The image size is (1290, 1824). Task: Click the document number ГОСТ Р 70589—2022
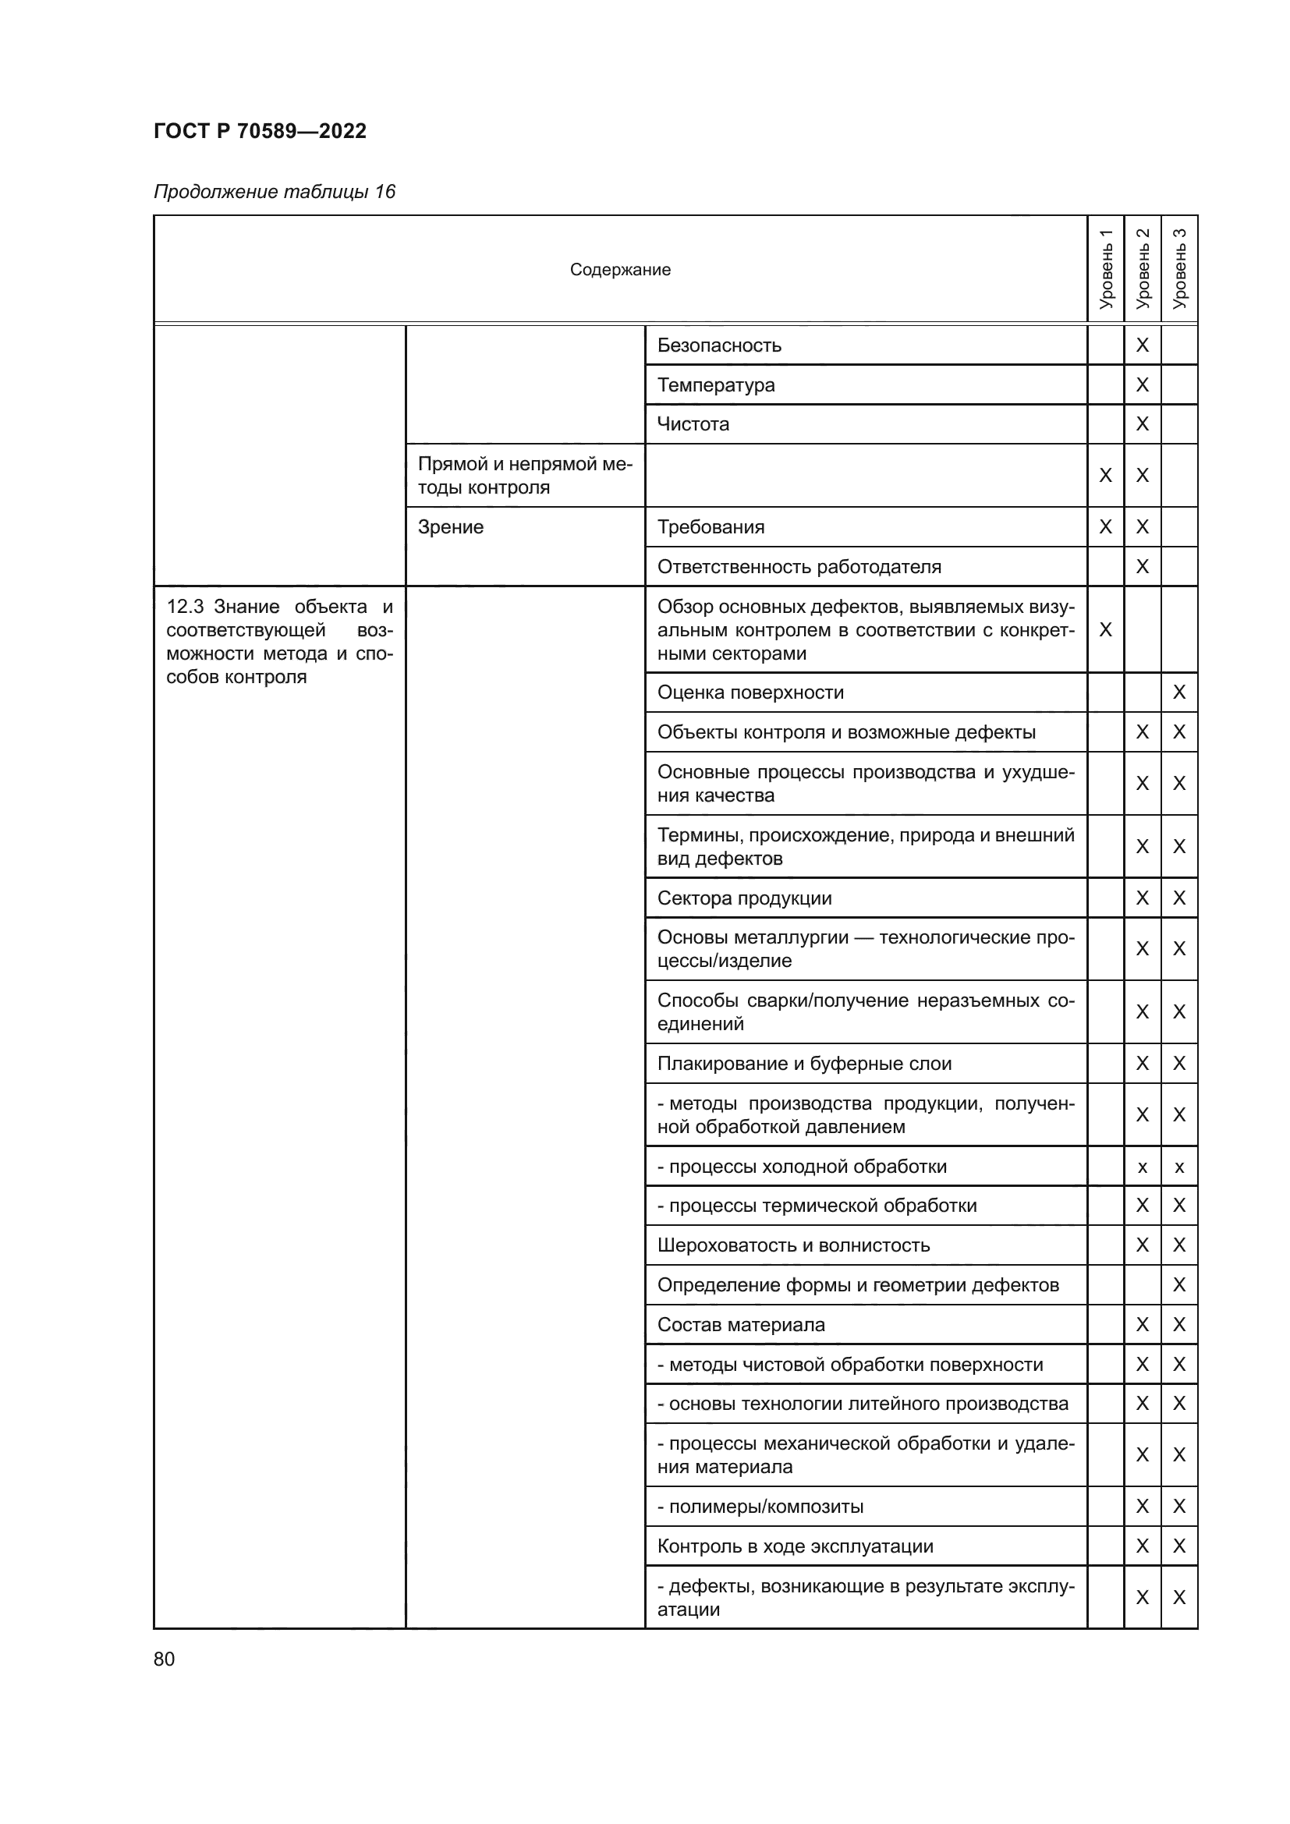tap(260, 131)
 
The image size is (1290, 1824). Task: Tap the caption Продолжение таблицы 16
tap(274, 192)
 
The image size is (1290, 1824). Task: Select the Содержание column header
tap(619, 270)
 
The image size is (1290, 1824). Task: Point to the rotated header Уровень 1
tap(1105, 268)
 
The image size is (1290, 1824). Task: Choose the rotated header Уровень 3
tap(1178, 268)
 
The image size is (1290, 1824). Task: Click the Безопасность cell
tap(719, 345)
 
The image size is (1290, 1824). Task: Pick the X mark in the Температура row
tap(1143, 385)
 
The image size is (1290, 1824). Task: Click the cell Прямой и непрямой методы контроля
tap(524, 475)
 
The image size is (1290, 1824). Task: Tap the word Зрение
tap(450, 527)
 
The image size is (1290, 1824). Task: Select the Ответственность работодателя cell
tap(799, 567)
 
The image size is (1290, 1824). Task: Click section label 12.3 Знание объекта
tap(278, 642)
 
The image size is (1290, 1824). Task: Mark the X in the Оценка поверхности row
tap(1178, 692)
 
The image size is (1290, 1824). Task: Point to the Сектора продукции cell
tap(744, 898)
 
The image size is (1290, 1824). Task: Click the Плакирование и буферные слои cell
tap(804, 1064)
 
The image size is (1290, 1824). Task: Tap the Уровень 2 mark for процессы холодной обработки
tap(1143, 1167)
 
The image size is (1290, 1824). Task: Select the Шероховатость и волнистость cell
tap(792, 1245)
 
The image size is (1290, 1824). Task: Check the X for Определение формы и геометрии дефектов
tap(1178, 1284)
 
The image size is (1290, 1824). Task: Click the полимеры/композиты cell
tap(760, 1507)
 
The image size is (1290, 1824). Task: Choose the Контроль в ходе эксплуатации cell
tap(794, 1546)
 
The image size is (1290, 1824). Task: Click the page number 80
tap(165, 1659)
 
